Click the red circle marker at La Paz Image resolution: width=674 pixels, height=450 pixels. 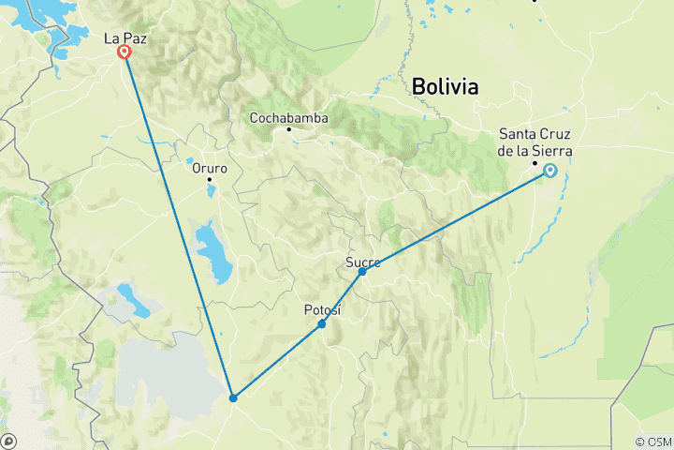coord(124,52)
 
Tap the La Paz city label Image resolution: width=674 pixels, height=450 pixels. coord(125,38)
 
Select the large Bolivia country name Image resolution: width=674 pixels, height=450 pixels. coord(445,87)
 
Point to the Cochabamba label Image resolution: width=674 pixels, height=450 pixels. coord(288,118)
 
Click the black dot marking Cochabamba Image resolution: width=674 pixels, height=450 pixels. coord(289,129)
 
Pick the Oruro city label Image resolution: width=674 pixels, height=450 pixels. coord(210,168)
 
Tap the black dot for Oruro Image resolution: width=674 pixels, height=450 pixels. coord(210,179)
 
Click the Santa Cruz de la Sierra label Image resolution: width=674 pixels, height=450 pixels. coord(535,142)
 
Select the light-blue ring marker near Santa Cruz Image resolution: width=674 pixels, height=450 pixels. coord(550,171)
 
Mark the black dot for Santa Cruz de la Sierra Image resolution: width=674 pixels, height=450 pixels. coord(535,164)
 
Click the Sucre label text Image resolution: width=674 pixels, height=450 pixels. coord(362,262)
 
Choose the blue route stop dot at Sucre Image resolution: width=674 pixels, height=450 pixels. coord(362,271)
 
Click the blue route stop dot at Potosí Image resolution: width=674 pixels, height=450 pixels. coord(322,324)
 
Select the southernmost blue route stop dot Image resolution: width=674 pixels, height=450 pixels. coord(233,397)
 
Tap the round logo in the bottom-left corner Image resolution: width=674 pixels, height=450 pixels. coord(9,441)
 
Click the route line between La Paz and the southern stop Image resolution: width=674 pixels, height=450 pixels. coord(178,225)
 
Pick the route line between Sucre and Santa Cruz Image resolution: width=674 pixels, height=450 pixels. coord(456,221)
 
